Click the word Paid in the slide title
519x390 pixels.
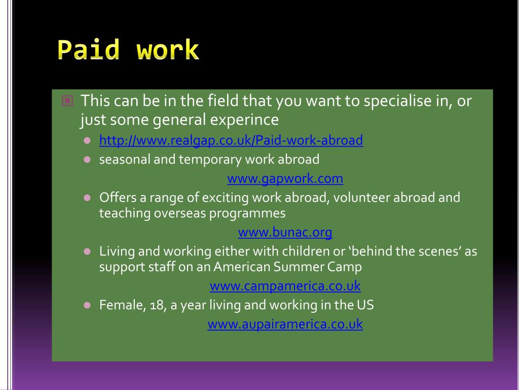pos(88,50)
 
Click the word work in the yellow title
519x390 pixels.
pos(168,50)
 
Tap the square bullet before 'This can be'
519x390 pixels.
pos(67,101)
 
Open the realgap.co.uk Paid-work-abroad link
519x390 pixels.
pos(231,141)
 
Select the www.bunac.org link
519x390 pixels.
pos(285,233)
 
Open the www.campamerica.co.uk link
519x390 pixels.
pos(285,286)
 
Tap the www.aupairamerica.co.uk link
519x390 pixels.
pos(285,324)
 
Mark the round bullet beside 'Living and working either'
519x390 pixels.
pos(87,251)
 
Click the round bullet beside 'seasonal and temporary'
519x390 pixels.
pos(87,160)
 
